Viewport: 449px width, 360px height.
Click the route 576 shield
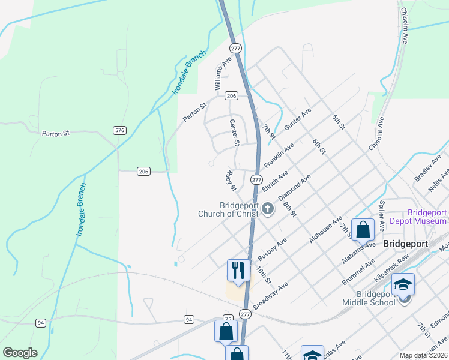tap(119, 130)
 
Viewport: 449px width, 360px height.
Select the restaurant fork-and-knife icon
tap(238, 270)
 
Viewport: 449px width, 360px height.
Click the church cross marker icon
tap(268, 209)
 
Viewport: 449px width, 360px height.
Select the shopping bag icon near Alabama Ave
tap(363, 230)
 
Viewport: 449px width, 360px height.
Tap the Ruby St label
tap(230, 180)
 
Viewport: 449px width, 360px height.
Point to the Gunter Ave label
tap(298, 120)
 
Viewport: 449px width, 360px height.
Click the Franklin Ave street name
tap(279, 155)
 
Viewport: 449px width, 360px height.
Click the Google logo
tap(20, 353)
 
